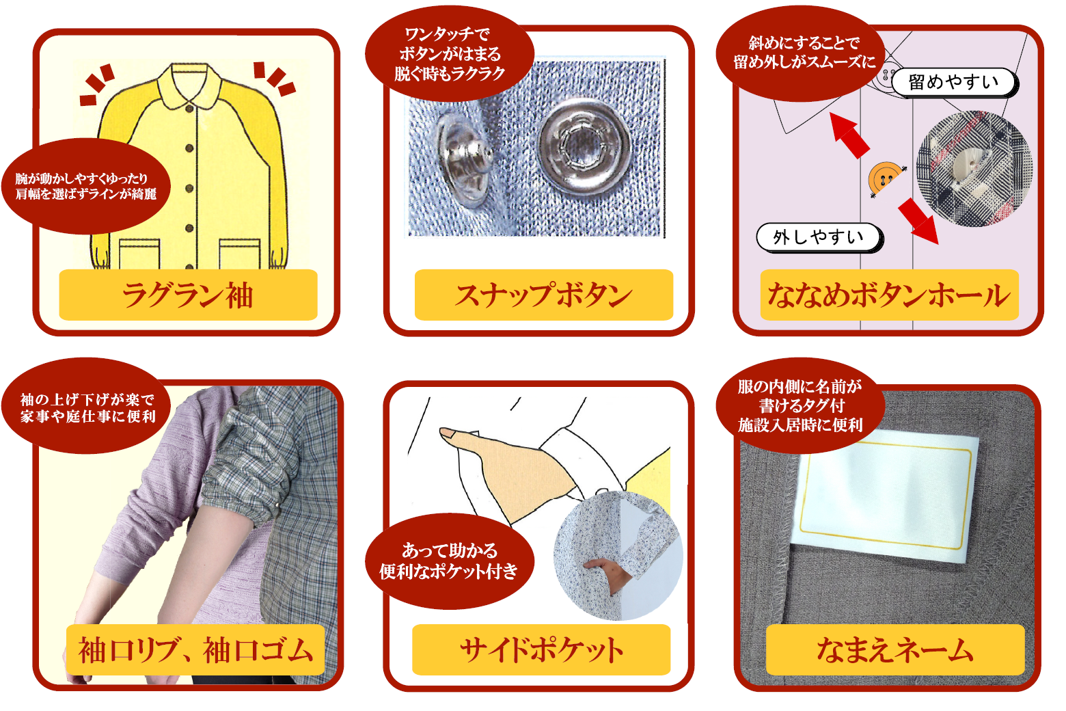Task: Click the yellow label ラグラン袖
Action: [188, 295]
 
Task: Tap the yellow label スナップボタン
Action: [544, 295]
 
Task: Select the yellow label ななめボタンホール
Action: [890, 295]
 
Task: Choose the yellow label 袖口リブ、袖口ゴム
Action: [195, 649]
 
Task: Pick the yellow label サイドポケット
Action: [541, 649]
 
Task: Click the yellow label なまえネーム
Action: [895, 649]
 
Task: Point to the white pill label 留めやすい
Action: [955, 83]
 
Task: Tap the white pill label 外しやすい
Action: [819, 237]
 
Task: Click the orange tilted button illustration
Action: [886, 179]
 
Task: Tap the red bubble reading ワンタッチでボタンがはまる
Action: [450, 53]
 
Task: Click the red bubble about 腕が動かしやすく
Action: [86, 186]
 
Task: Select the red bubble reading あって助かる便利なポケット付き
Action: [450, 561]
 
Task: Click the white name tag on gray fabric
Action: [884, 495]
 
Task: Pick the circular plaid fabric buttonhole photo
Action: [974, 169]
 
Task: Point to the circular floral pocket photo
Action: [618, 556]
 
